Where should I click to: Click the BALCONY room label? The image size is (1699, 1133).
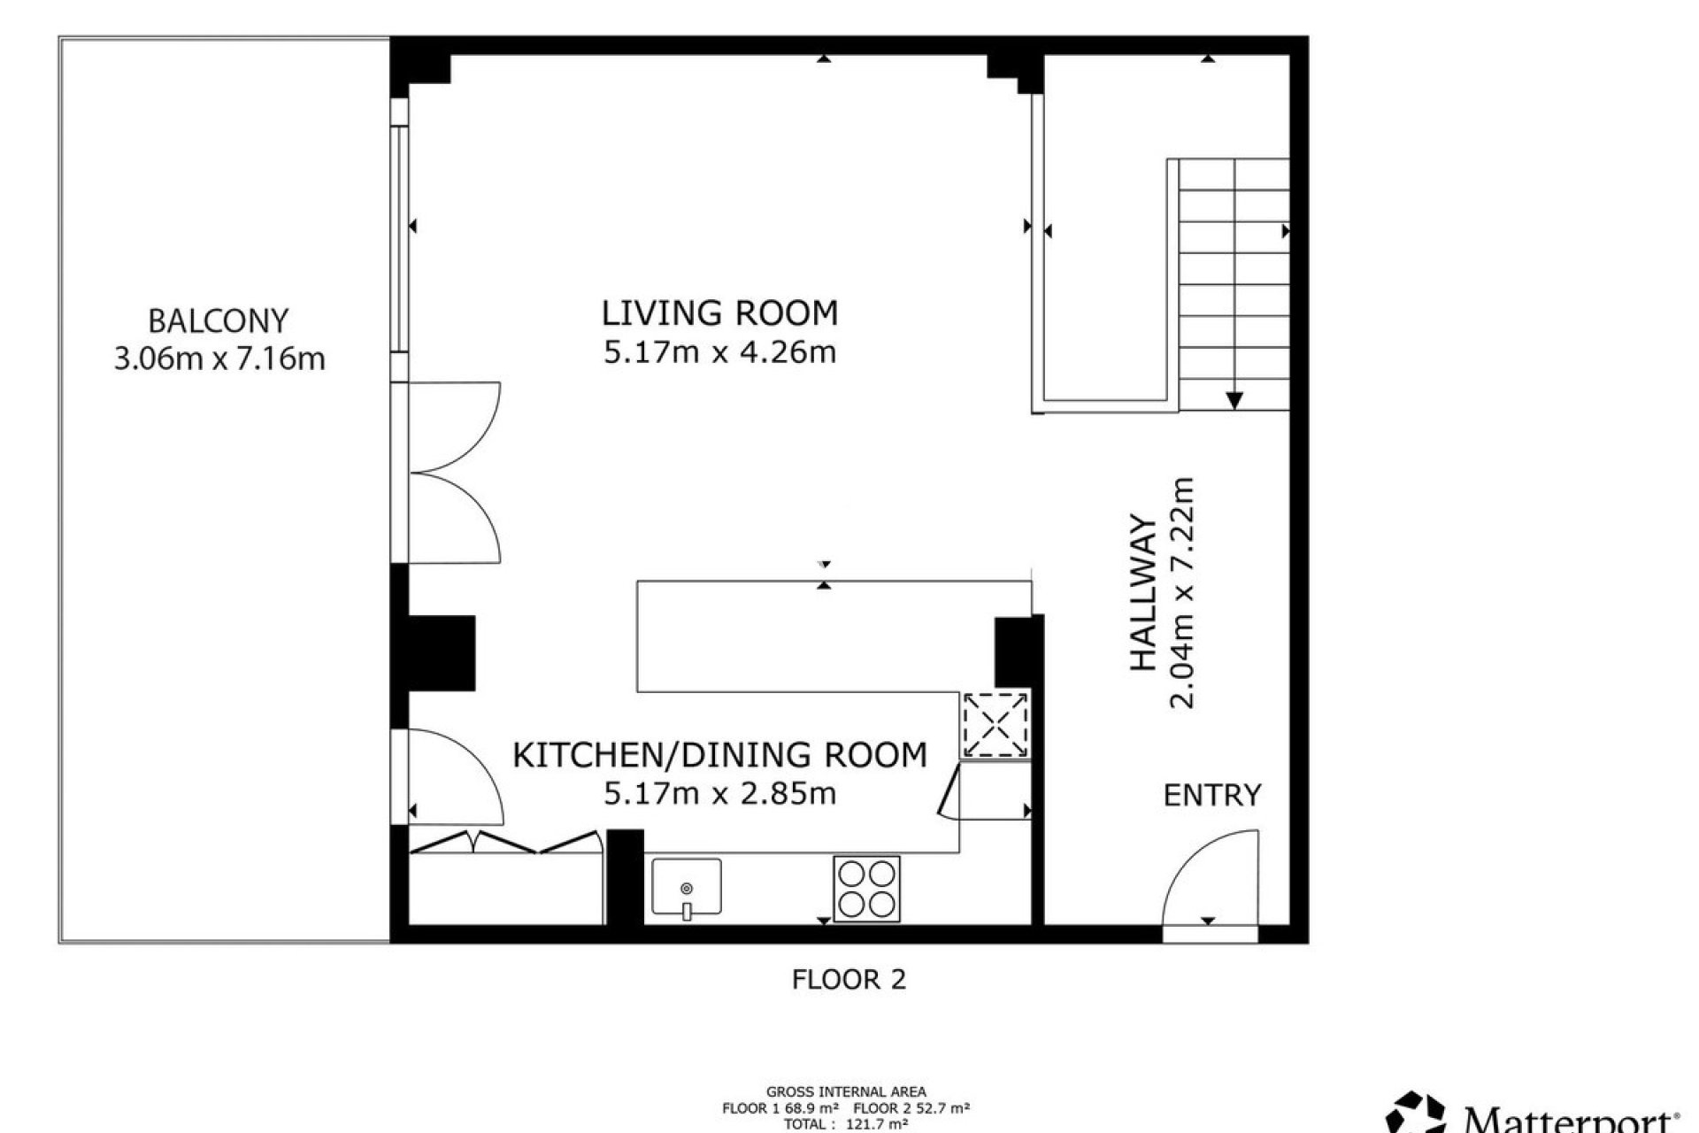tap(218, 320)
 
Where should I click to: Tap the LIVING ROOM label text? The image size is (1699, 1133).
tap(719, 313)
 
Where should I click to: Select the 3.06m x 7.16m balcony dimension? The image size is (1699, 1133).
tap(219, 358)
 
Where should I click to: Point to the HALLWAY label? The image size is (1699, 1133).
tap(1144, 593)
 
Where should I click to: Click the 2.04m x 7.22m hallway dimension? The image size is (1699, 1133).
tap(1182, 593)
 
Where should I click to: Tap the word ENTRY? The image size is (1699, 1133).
tap(1211, 796)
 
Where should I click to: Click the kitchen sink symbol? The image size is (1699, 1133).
tap(687, 887)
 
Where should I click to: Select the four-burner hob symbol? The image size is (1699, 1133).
tap(866, 888)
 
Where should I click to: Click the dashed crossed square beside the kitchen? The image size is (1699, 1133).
tap(996, 725)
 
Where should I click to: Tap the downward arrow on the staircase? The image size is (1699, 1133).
tap(1234, 399)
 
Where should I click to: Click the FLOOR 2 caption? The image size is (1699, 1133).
tap(849, 980)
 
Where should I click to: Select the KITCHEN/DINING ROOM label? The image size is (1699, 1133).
tap(719, 755)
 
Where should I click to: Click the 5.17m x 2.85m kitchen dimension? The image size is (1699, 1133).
tap(719, 793)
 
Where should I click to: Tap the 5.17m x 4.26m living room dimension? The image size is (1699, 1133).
tap(719, 352)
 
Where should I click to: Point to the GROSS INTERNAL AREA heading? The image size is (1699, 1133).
tap(846, 1092)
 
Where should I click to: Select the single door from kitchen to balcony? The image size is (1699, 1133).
tap(451, 775)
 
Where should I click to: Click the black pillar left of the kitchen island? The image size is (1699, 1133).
tap(442, 653)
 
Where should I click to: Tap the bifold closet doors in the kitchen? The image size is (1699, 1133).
tap(504, 843)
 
